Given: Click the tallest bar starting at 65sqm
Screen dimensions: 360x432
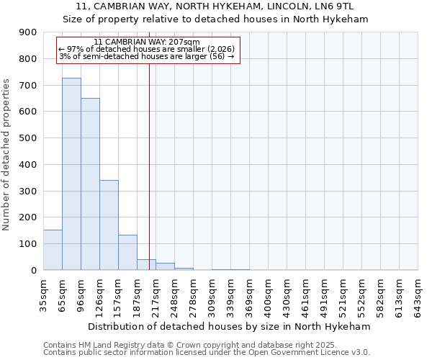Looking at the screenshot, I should (x=71, y=174).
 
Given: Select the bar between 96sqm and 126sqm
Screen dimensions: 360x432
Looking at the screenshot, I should (x=90, y=184).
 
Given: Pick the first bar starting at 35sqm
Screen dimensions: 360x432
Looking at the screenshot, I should (x=53, y=250).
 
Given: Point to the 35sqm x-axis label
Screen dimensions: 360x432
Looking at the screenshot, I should (x=44, y=292).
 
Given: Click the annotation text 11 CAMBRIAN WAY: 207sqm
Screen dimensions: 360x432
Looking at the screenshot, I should (x=146, y=42).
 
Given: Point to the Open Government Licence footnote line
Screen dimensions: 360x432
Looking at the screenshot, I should (x=207, y=352).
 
